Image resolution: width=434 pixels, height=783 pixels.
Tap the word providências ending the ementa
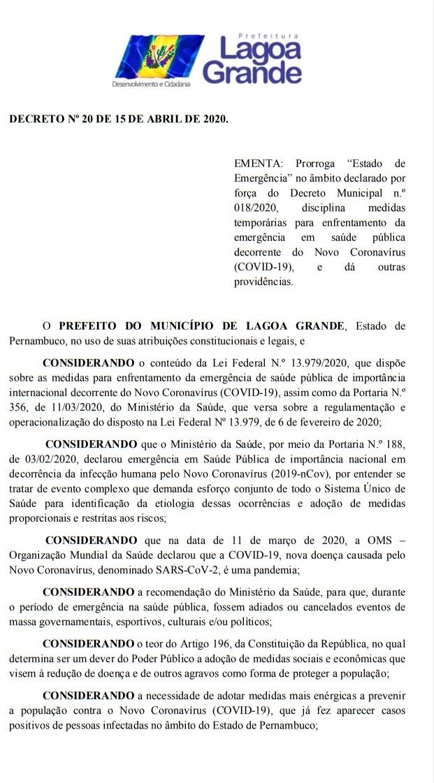[264, 282]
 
